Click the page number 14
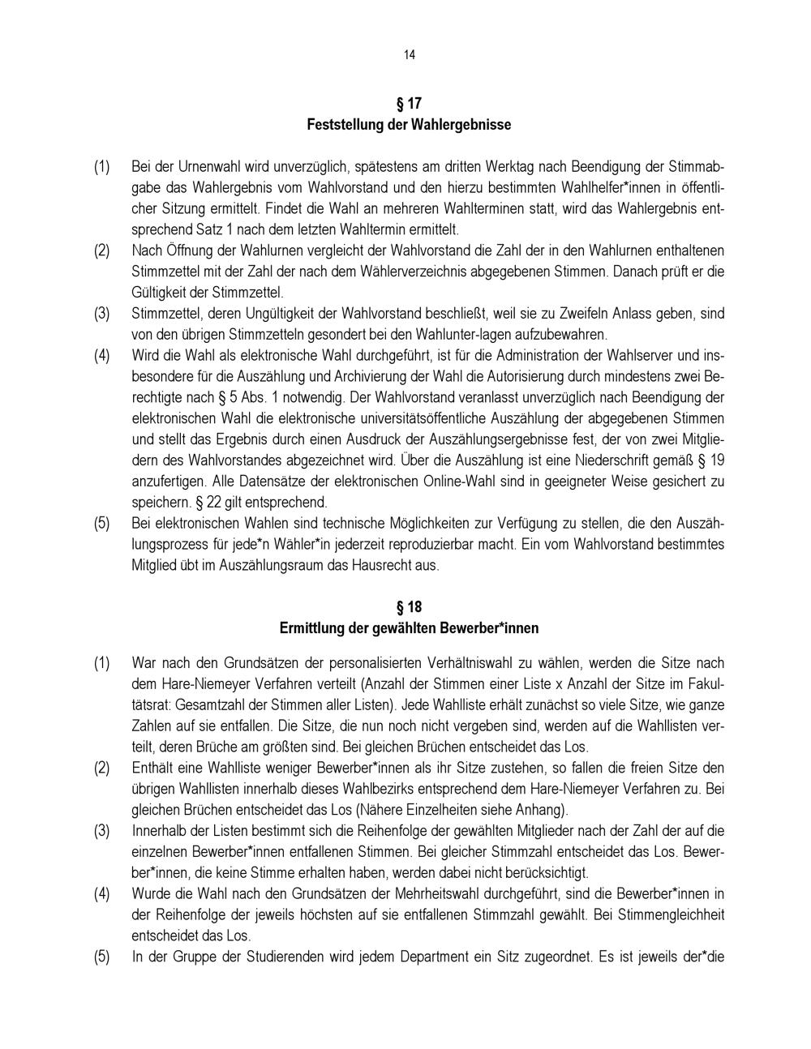(x=409, y=55)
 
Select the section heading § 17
(x=409, y=104)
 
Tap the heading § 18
(x=409, y=607)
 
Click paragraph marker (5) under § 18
(x=101, y=957)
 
